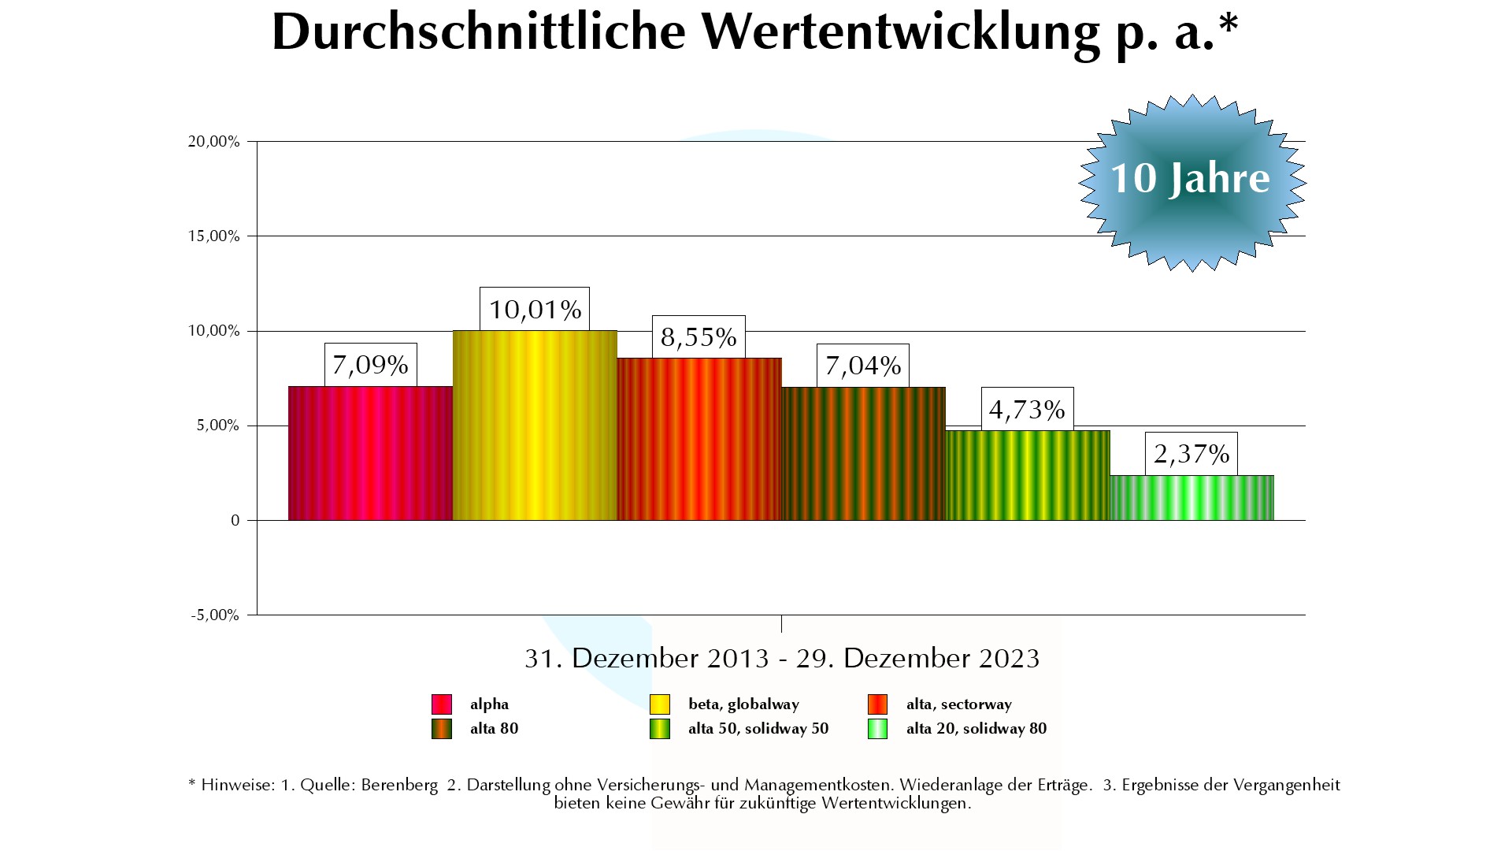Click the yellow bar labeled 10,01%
pos(535,425)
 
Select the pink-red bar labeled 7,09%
pos(370,453)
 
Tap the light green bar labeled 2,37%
pos(1191,498)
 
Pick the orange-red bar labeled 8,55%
pos(699,439)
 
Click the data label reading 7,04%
pos(863,366)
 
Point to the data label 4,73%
pos(1027,410)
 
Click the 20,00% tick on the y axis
pos(213,142)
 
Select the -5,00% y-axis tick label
pos(215,615)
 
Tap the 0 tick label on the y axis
pos(235,521)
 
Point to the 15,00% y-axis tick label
pos(213,236)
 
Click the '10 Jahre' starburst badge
pos(1191,181)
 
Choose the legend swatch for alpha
pos(441,704)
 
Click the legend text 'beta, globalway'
pos(743,704)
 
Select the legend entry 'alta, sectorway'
pos(958,704)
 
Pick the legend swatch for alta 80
pos(441,729)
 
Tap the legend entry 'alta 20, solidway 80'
pos(976,729)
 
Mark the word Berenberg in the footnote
pos(399,786)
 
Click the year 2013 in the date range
pos(738,659)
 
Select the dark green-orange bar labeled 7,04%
pos(863,454)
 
